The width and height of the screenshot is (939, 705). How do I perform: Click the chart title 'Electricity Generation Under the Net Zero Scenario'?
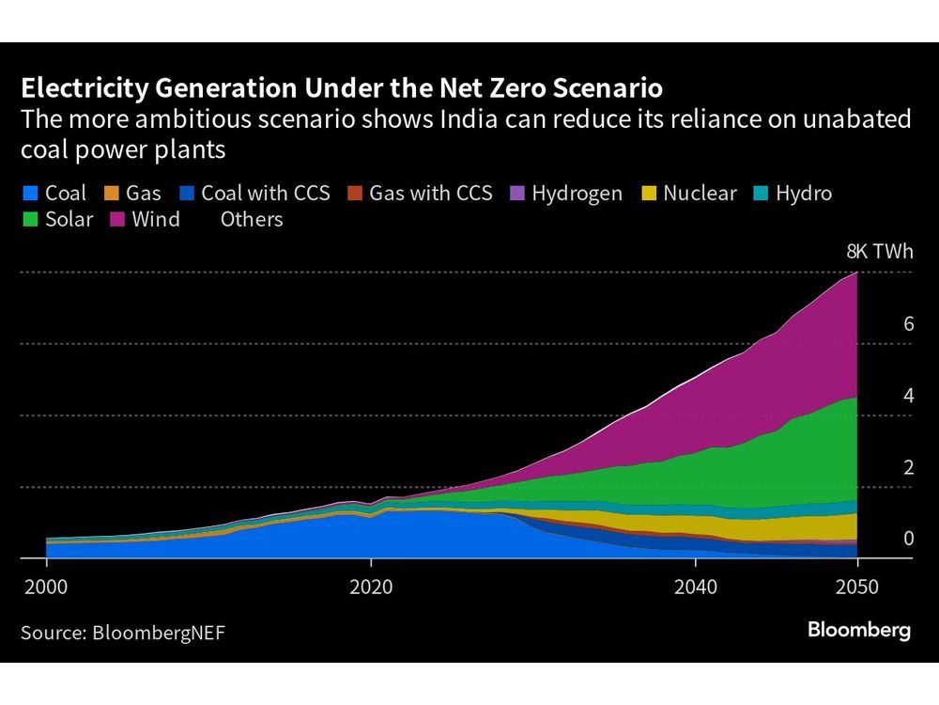tap(342, 89)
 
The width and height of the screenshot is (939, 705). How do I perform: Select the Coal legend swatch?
tap(29, 195)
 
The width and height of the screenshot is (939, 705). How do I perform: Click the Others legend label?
tap(252, 220)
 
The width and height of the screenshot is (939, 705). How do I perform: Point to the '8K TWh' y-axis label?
tap(879, 252)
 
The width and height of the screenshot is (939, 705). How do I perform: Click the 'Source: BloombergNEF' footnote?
tap(123, 633)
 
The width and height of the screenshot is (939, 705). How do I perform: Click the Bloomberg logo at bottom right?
tap(858, 631)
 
